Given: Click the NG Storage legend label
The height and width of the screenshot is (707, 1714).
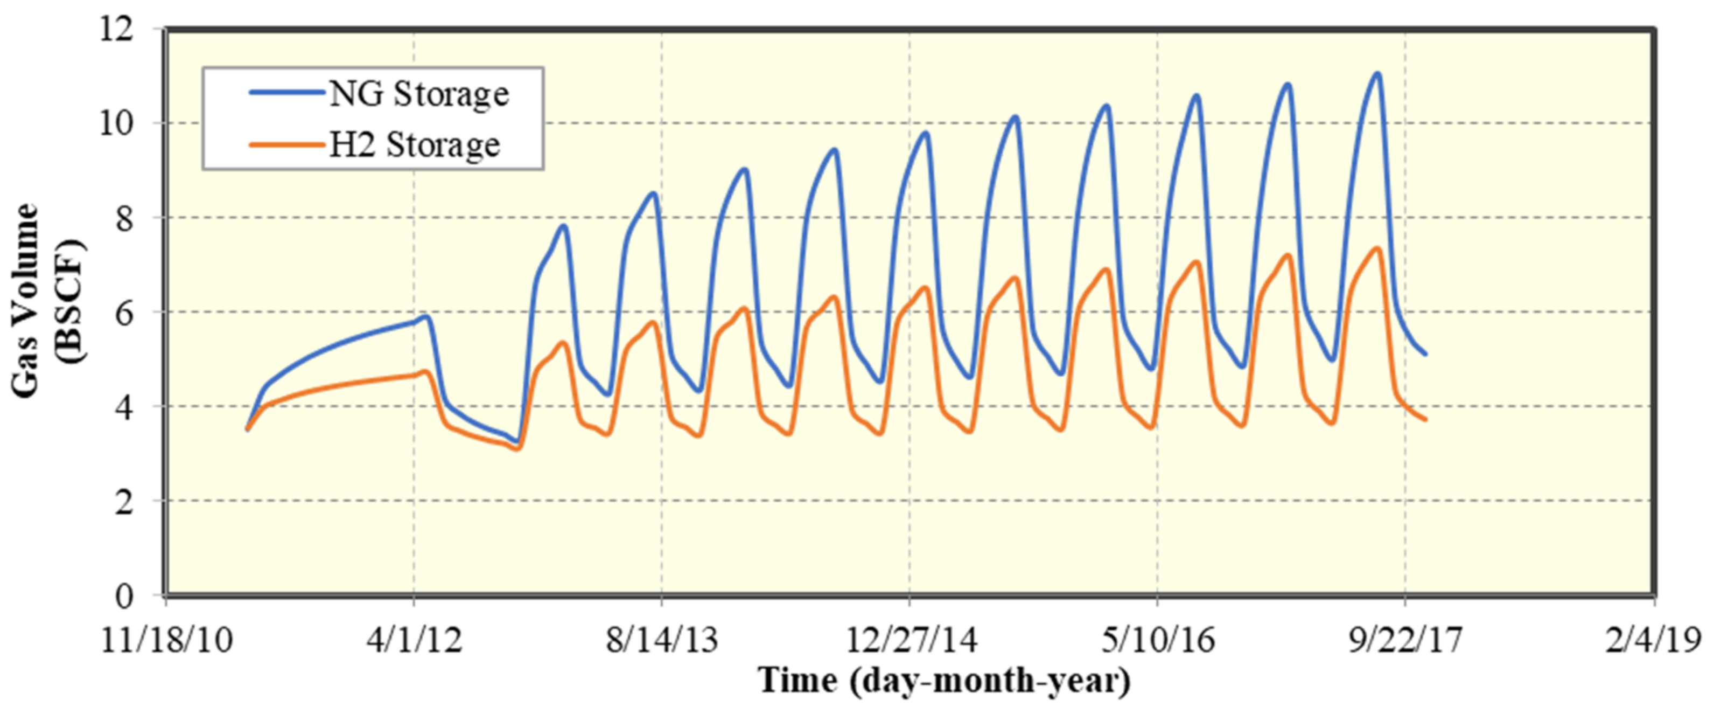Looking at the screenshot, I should point(418,94).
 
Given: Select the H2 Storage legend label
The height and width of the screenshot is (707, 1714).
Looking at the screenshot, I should point(414,145).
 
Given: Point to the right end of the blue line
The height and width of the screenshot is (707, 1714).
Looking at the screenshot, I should point(1425,353).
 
